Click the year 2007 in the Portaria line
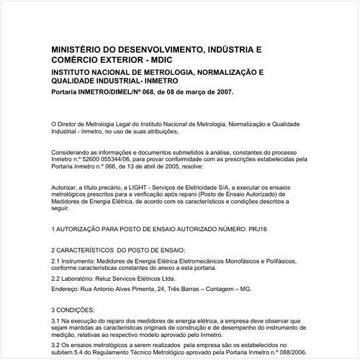[222, 93]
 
